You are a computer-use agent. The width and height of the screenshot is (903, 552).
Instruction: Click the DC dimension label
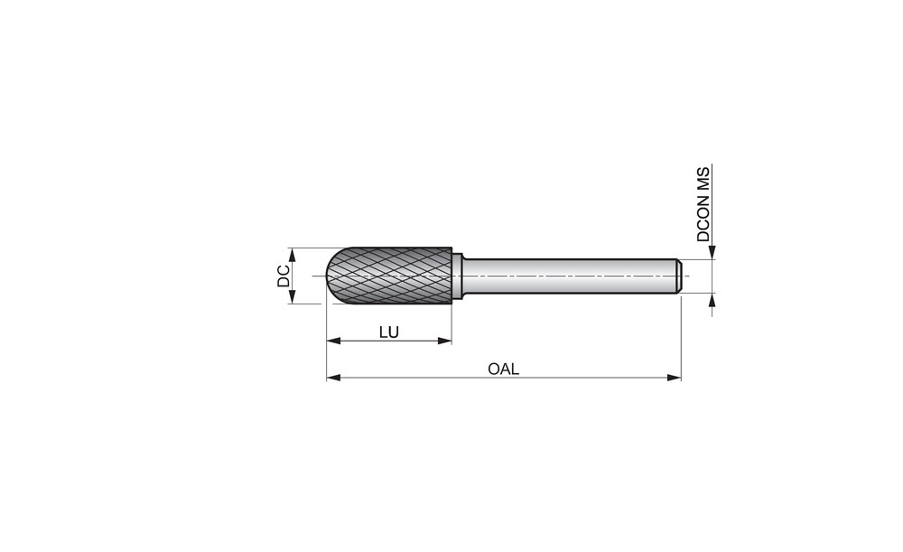pos(284,276)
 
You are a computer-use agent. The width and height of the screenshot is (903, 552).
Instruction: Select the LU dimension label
pos(388,332)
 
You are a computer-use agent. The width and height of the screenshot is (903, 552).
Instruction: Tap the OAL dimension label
pos(503,369)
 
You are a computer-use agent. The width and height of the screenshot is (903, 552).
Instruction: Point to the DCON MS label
pos(703,204)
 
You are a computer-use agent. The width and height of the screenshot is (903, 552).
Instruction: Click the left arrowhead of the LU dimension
pos(333,341)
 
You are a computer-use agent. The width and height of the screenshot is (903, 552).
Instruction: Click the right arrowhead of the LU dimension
pos(444,341)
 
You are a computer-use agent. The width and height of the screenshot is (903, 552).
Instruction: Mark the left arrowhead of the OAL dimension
pos(333,378)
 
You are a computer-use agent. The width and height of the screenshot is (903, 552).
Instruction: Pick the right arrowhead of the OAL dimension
pos(674,378)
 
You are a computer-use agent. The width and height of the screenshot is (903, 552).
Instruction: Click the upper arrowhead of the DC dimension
pos(292,255)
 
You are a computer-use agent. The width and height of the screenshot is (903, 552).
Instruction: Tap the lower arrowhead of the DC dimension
pos(292,296)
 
